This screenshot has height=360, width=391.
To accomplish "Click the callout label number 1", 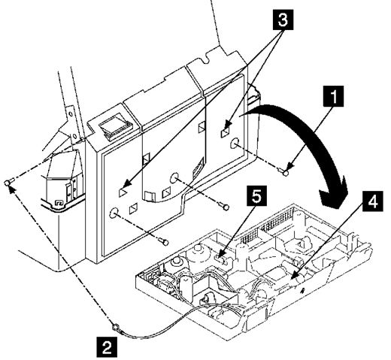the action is (x=333, y=96).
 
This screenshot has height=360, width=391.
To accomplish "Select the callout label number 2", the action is (x=107, y=347).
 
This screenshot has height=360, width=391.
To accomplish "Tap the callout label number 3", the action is (x=282, y=20).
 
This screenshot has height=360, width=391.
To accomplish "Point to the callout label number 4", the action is (x=372, y=201).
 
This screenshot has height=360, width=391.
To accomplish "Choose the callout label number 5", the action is (x=256, y=195).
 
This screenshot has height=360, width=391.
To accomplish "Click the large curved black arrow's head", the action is (x=333, y=195).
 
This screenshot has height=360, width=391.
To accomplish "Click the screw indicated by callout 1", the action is (x=284, y=172).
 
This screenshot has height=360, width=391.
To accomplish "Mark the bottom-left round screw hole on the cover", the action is (x=114, y=213).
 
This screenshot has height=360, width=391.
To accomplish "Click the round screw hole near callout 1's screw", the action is (x=235, y=144).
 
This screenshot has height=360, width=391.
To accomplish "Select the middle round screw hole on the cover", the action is (x=174, y=177).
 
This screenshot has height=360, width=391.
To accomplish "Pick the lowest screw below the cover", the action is (x=165, y=242).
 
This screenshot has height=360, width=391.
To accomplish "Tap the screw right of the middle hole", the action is (x=225, y=207).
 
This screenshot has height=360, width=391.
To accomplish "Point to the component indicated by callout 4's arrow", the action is (x=291, y=278).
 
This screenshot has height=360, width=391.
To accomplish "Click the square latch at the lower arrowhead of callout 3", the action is (x=123, y=192).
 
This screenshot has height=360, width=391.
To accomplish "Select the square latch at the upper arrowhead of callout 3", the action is (x=225, y=132).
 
